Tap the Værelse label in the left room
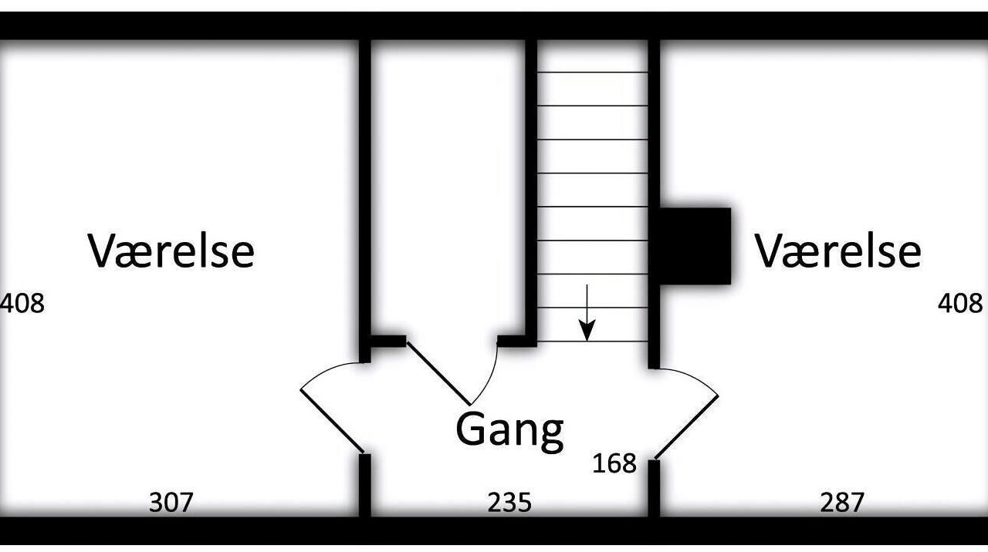pyautogui.click(x=171, y=251)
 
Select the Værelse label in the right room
pyautogui.click(x=838, y=251)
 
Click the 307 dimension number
pyautogui.click(x=171, y=503)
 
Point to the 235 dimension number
pyautogui.click(x=509, y=503)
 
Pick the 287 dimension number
pyautogui.click(x=841, y=503)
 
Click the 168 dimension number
pyautogui.click(x=614, y=463)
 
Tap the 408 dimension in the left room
pyautogui.click(x=22, y=304)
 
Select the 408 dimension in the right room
pyautogui.click(x=960, y=304)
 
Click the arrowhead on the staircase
pyautogui.click(x=587, y=331)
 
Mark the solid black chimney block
pyautogui.click(x=695, y=246)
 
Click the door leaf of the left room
pyautogui.click(x=332, y=421)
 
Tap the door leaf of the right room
pyautogui.click(x=686, y=427)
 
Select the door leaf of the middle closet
pyautogui.click(x=438, y=373)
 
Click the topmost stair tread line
pyautogui.click(x=592, y=72)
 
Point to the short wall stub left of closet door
pyautogui.click(x=388, y=342)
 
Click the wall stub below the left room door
pyautogui.click(x=365, y=485)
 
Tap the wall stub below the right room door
pyautogui.click(x=654, y=488)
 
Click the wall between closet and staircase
pyautogui.click(x=532, y=193)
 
